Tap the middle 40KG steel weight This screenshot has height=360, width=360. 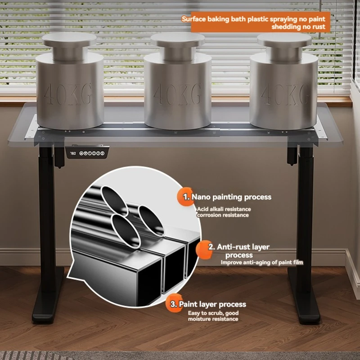click(178, 81)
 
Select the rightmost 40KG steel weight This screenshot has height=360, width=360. click(284, 81)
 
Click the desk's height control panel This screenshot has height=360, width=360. click(87, 152)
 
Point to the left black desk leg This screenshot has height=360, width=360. click(47, 207)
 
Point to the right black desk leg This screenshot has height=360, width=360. click(306, 207)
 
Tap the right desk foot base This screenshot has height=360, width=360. click(303, 296)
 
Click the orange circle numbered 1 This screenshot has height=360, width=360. click(185, 197)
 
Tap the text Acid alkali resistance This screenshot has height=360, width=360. click(224, 209)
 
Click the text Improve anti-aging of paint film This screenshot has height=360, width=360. click(262, 262)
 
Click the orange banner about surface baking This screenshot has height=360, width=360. click(261, 22)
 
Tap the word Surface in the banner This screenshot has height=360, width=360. click(193, 19)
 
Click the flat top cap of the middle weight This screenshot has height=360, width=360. click(178, 39)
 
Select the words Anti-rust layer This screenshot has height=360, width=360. click(243, 247)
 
